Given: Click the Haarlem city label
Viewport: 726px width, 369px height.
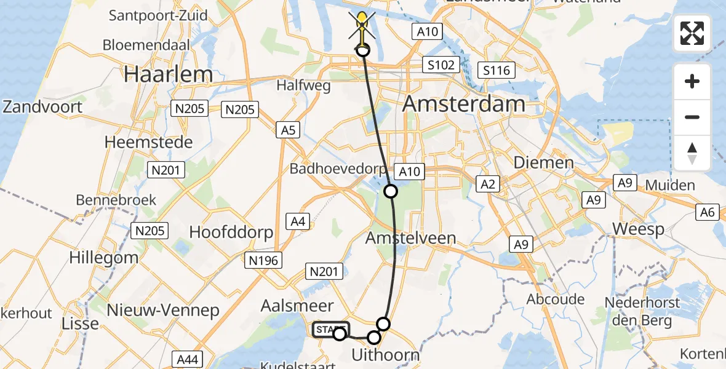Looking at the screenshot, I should coord(168,74).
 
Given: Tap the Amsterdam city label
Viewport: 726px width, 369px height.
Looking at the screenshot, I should coord(464,104).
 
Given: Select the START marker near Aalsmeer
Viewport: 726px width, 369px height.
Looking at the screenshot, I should coord(330,330).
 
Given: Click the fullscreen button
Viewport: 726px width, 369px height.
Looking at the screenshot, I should coord(692,33).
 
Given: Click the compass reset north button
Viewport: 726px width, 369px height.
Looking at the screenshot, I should coord(692,153).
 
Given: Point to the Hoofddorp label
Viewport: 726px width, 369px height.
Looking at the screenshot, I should coord(231,232).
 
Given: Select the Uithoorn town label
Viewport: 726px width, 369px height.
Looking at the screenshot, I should coord(385,355).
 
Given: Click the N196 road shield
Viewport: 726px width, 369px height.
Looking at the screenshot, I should coord(263,261).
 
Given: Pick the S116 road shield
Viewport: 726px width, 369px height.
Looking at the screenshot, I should coord(497,70).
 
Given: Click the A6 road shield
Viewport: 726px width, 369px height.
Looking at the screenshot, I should coord(708,213).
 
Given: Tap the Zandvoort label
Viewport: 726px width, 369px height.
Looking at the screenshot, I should coord(42,106).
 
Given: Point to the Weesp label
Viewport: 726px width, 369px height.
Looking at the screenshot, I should coord(638,230).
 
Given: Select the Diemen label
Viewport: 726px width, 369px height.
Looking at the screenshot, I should coord(543,163).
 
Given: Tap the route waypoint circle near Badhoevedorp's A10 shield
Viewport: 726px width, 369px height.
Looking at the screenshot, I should coord(391,191).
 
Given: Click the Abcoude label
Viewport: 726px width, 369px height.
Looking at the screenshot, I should coord(556,300).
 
